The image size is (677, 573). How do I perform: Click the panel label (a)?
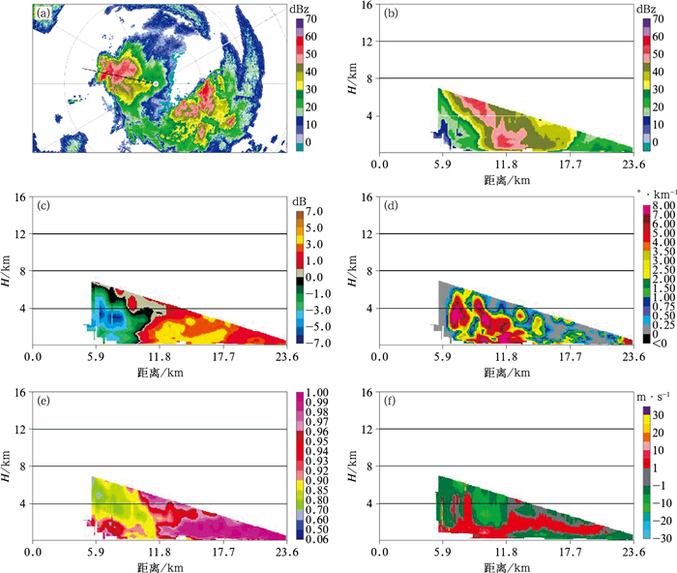coord(44,15)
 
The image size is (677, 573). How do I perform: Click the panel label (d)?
coord(390,206)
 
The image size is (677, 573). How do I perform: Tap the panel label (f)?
coord(390,399)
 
